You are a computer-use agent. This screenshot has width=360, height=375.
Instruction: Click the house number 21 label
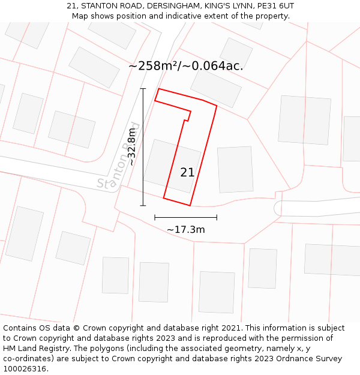[x=187, y=172]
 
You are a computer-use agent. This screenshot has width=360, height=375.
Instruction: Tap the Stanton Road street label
[x=118, y=157]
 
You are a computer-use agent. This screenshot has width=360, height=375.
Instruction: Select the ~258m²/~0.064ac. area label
[x=186, y=66]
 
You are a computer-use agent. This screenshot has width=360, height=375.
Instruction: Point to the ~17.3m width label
[x=186, y=230]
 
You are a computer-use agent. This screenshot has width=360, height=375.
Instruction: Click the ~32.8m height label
[x=131, y=147]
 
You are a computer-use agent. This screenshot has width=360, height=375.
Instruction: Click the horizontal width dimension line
[x=185, y=217]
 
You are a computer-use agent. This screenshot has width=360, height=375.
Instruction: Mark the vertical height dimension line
[x=143, y=147]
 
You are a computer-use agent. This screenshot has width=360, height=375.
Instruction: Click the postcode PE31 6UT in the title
[x=274, y=6]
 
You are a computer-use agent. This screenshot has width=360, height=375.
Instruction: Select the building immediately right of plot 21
[x=235, y=170]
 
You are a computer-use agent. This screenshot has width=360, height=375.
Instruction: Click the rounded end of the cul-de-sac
[x=278, y=208]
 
